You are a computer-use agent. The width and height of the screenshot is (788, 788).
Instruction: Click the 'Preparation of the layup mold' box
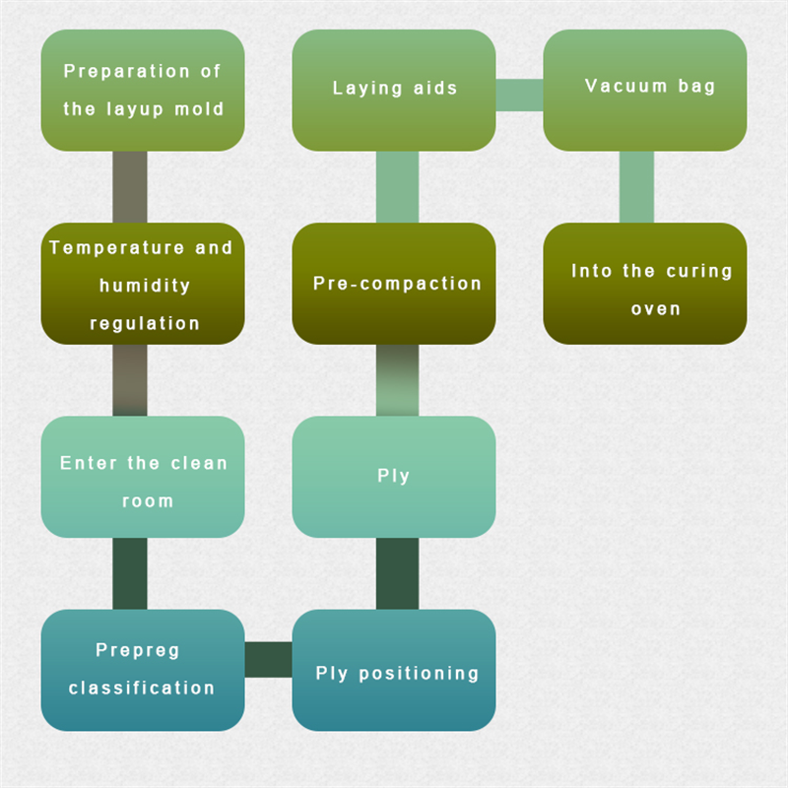tap(143, 90)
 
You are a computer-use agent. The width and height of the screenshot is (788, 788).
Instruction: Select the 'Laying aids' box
tap(394, 90)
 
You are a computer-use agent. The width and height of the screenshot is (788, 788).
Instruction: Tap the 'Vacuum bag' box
tap(645, 90)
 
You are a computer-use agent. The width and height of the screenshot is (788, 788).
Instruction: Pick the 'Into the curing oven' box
tap(645, 284)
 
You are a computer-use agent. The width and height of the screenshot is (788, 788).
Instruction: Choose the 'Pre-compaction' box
tap(394, 284)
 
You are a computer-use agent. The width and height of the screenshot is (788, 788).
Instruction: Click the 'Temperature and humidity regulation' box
tap(143, 284)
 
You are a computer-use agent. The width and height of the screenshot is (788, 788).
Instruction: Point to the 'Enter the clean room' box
tap(143, 477)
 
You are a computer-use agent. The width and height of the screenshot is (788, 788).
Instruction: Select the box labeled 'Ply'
tap(394, 477)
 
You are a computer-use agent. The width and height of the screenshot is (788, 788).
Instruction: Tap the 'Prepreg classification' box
tap(143, 670)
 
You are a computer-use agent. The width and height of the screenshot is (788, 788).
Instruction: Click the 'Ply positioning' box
tap(394, 670)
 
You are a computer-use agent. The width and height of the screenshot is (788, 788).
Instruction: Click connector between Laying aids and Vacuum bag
tap(519, 96)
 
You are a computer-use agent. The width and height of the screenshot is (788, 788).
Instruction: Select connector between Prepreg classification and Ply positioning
tap(268, 659)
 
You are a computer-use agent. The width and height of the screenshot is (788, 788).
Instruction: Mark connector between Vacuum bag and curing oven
tap(636, 187)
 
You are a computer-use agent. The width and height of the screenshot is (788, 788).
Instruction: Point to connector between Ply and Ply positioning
tap(397, 573)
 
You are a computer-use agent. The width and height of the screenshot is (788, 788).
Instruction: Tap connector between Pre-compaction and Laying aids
tap(397, 187)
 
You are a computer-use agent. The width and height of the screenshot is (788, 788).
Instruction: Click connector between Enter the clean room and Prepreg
tap(130, 573)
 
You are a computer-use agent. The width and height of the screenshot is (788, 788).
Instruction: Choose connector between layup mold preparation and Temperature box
tap(130, 187)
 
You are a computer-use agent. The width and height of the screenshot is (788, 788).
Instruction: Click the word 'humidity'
tap(145, 286)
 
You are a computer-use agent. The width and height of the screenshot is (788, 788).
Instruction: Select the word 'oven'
tap(656, 308)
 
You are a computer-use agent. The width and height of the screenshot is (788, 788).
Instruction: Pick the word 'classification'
tap(142, 688)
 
